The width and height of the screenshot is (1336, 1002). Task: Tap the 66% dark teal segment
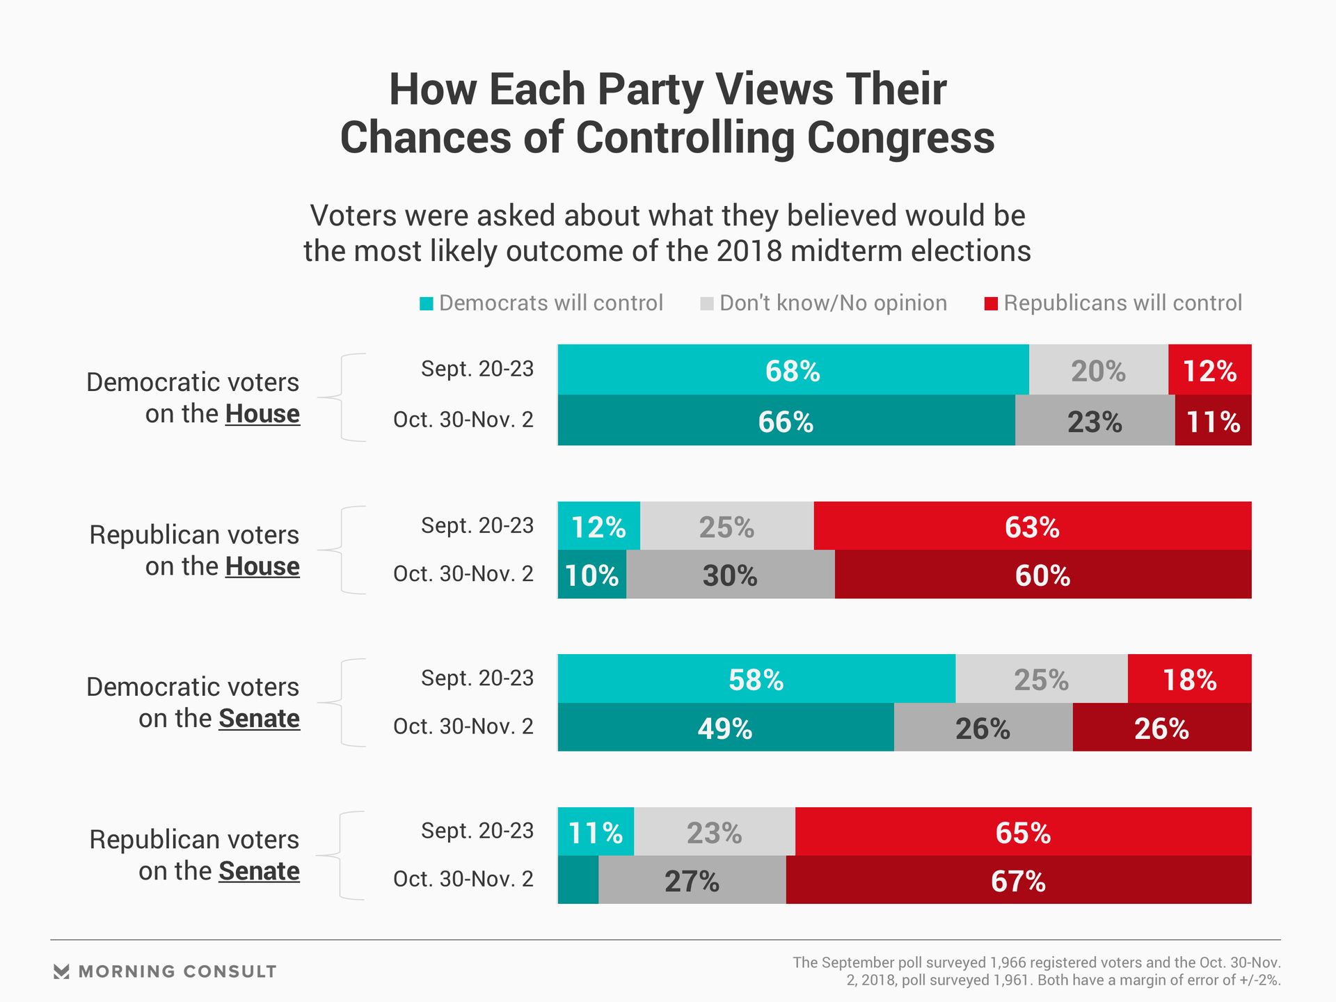(x=786, y=420)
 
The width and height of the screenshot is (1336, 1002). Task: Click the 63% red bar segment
(x=1032, y=526)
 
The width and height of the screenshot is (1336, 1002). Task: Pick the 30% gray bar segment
(x=730, y=575)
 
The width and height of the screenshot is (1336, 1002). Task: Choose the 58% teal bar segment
(x=756, y=678)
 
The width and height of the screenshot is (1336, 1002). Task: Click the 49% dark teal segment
(x=725, y=727)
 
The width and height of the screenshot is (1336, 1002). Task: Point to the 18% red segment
(x=1189, y=678)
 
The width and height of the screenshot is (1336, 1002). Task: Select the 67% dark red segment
(x=1018, y=880)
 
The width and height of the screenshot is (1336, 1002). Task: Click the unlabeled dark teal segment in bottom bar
(x=578, y=880)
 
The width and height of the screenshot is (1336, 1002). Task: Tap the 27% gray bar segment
(x=692, y=880)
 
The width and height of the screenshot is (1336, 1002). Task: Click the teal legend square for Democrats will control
(x=427, y=303)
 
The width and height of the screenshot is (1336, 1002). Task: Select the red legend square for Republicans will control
(x=991, y=303)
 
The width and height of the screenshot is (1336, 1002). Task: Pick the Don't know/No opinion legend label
(x=833, y=303)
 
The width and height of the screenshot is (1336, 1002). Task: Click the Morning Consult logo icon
(x=62, y=971)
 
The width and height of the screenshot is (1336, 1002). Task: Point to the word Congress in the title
(x=900, y=138)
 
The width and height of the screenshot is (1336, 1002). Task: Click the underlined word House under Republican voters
(x=262, y=566)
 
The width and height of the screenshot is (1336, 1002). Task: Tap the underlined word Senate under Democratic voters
(x=259, y=718)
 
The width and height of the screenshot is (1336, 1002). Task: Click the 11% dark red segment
(x=1213, y=420)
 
